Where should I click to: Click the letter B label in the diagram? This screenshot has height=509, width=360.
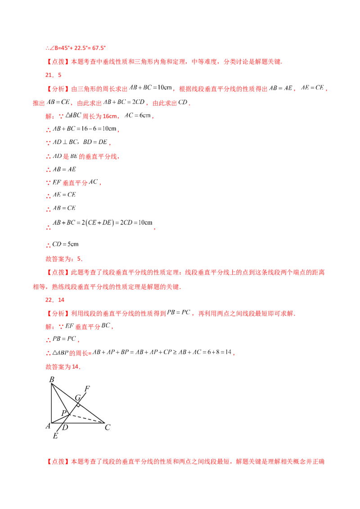pos(52,380)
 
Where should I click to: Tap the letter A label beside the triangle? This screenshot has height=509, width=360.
pos(47,426)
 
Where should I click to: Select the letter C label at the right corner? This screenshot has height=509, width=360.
pos(108,427)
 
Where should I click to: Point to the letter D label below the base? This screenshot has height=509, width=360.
pos(65,428)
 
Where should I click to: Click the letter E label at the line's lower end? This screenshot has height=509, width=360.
pos(55,436)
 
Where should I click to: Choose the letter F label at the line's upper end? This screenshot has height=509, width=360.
pos(87,388)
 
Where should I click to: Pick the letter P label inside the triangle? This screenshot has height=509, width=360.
pos(64,413)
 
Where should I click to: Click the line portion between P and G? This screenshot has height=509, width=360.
pos(73,408)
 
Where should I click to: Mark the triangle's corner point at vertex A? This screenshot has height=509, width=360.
pos(52,423)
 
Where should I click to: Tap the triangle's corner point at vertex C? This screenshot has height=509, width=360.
pos(105,423)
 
